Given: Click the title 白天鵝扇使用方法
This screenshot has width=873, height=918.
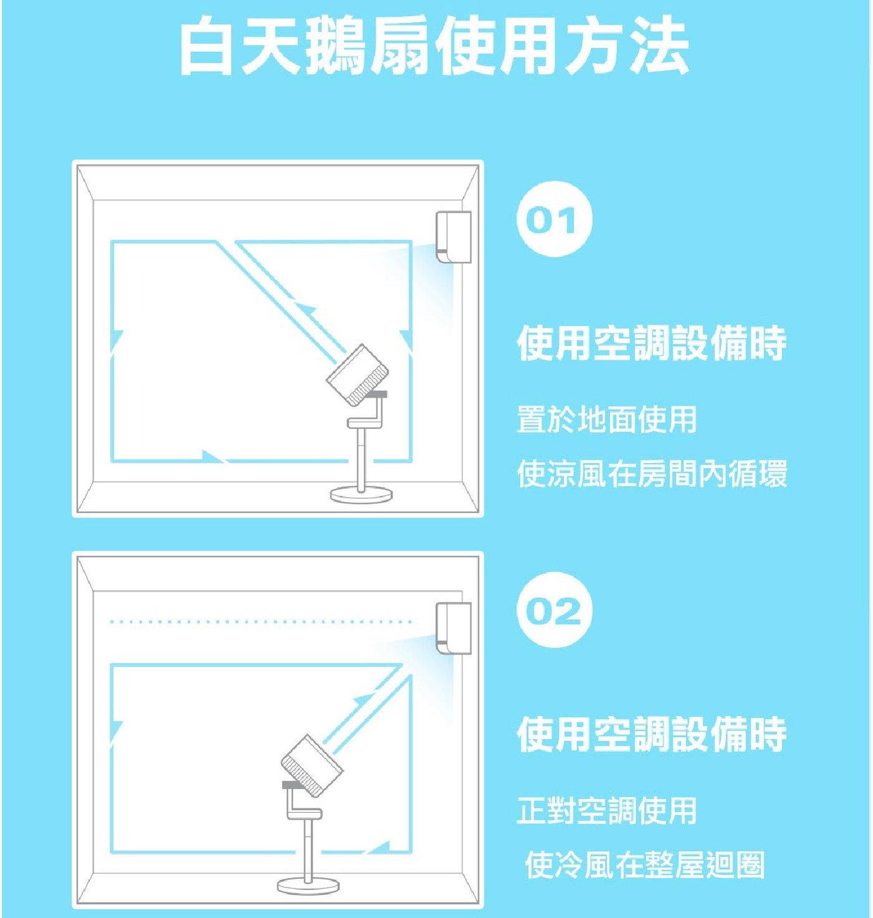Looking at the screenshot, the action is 434,46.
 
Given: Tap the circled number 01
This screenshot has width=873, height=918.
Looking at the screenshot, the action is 554,219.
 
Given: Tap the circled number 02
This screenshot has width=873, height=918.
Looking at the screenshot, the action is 554,609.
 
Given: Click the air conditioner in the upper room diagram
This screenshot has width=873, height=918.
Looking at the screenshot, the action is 453,237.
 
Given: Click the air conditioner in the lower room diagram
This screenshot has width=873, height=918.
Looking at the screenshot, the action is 453,629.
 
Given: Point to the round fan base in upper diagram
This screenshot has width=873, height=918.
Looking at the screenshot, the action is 361,495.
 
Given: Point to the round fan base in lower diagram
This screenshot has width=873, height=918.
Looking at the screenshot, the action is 308,886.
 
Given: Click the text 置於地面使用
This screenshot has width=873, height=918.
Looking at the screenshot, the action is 607,419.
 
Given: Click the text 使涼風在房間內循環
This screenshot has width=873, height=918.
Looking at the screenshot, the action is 652,473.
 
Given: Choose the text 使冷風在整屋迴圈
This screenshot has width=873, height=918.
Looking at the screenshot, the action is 645,865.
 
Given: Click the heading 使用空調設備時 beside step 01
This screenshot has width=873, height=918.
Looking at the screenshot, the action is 652,344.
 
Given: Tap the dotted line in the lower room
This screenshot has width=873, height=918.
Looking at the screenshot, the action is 261,622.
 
